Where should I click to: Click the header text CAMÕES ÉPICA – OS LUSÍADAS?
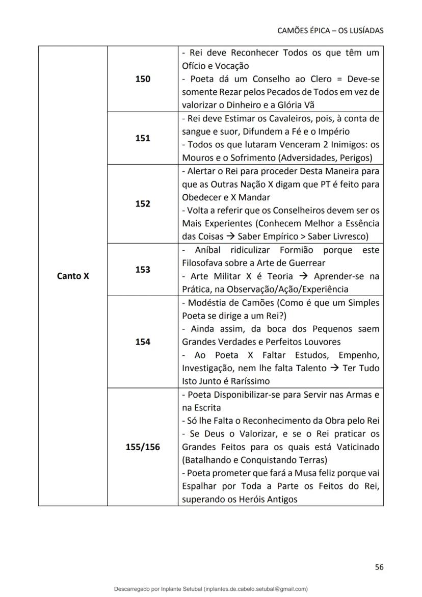point(330,31)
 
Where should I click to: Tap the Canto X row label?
point(73,276)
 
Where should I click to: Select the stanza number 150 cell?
point(143,79)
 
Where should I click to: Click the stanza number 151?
point(143,138)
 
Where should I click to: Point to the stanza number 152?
point(143,203)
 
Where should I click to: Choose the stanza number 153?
point(143,270)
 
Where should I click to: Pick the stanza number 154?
point(143,342)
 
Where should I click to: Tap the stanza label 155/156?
point(143,447)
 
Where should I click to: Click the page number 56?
point(379,567)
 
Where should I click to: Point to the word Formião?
point(298,250)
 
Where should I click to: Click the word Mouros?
point(196,158)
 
